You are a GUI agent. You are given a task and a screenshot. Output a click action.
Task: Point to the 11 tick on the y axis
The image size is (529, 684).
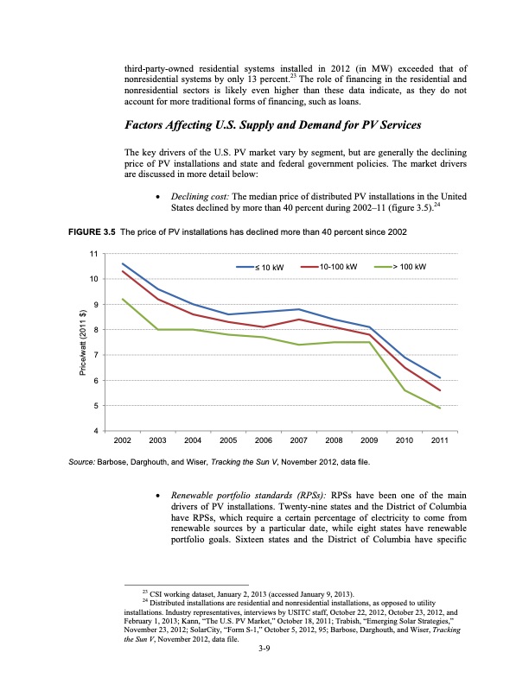pos(92,253)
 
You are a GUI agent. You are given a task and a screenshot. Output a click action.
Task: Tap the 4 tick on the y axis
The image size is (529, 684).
pos(94,431)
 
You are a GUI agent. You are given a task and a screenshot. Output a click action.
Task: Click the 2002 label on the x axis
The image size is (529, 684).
pos(122,441)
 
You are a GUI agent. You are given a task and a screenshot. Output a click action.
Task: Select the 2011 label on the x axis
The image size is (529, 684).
pos(439,441)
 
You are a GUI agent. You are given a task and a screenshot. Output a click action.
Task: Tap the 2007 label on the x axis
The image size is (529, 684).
pos(298,441)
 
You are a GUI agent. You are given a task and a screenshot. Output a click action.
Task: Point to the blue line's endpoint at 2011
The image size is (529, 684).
pos(440,377)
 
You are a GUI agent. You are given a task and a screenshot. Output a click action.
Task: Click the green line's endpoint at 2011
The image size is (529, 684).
pos(440,408)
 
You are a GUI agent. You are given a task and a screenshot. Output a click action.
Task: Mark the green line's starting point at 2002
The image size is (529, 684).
pos(123,299)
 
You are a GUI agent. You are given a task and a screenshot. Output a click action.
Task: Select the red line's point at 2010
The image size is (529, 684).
pos(405,367)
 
